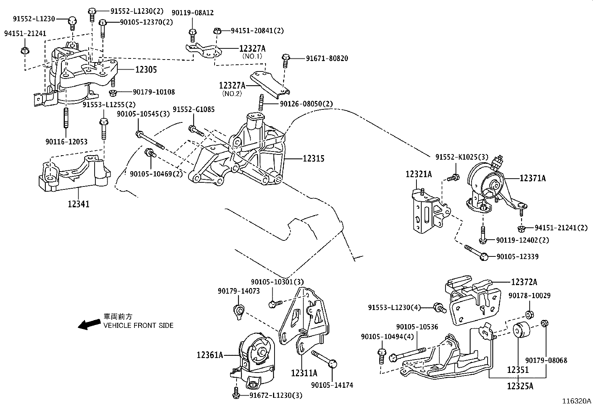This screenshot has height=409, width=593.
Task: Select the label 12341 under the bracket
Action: [x=79, y=204]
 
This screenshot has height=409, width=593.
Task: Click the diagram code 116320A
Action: [x=577, y=401]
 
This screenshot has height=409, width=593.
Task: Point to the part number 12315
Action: [x=313, y=159]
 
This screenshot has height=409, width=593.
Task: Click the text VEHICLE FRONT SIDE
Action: [x=138, y=325]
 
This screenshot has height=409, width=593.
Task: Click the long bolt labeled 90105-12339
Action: [x=475, y=252]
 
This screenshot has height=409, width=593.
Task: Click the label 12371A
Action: [x=533, y=179]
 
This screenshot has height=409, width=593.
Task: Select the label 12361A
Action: [x=210, y=355]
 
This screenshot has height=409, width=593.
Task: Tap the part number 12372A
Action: [x=524, y=282]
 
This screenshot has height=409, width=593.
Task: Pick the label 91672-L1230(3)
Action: [x=276, y=395]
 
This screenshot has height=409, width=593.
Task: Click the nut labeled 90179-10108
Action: [x=112, y=92]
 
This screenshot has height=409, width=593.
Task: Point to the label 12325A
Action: [x=520, y=386]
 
